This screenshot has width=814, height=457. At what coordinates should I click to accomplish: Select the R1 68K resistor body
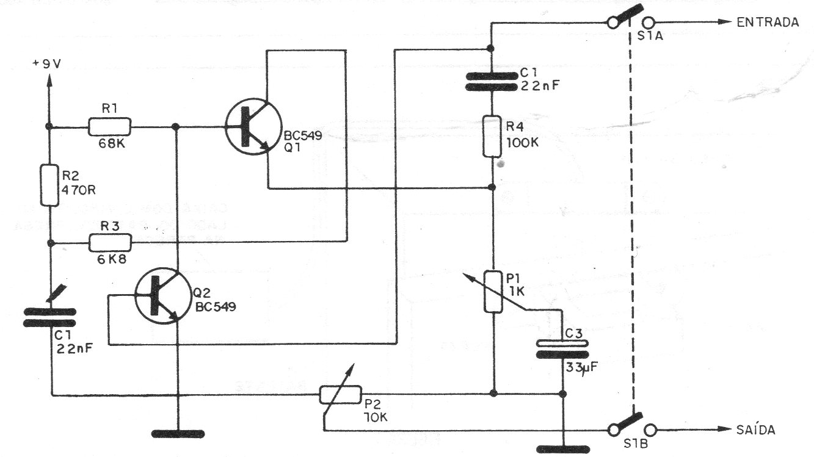pos(109,127)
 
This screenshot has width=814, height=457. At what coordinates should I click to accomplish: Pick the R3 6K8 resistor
pos(109,243)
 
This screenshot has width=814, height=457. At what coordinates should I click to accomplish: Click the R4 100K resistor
pos(493,137)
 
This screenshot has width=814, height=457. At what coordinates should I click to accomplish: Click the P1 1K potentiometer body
pos(493,292)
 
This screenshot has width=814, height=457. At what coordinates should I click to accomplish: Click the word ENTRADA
pos(768,23)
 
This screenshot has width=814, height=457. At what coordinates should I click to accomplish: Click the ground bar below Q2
pos(178,434)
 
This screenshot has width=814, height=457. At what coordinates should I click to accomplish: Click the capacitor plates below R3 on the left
pos(50,318)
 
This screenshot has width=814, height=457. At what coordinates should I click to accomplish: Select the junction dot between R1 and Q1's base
pos(176,127)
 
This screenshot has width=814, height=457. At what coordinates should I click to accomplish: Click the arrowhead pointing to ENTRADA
pos(724,23)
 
